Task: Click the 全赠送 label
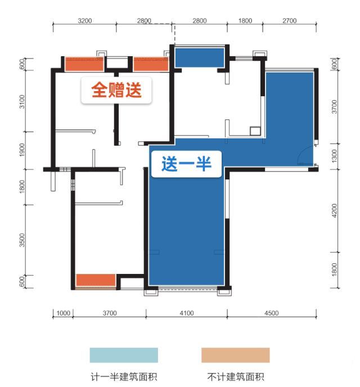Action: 116,90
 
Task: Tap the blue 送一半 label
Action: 186,164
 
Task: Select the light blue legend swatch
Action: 124,355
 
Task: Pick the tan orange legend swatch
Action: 235,355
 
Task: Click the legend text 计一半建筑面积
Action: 124,377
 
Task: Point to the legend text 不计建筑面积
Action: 236,377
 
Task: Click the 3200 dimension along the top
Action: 84,21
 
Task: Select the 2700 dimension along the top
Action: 290,21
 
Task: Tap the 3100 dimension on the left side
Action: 22,101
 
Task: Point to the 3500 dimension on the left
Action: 22,240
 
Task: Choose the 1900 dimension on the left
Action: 22,150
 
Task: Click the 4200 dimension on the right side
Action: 334,210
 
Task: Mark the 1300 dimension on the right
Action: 334,156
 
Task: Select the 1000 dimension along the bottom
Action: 64,313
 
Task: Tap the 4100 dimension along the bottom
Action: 187,313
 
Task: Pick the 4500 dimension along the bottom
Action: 272,313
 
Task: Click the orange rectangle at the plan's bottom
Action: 96,280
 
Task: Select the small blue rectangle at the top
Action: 199,57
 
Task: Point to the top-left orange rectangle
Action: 84,64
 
